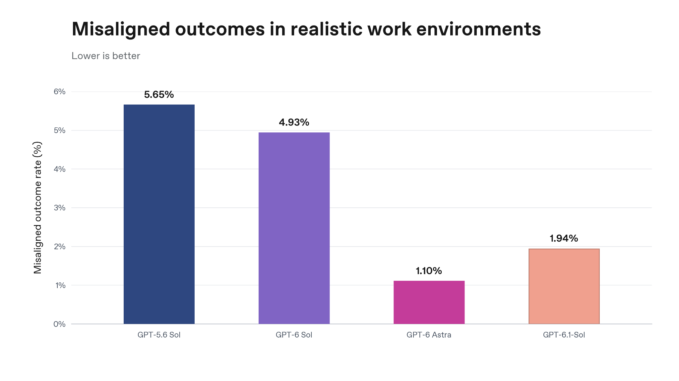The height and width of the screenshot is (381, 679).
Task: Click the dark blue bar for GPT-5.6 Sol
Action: pyautogui.click(x=159, y=214)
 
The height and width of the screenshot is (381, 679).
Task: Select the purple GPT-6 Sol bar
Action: pyautogui.click(x=294, y=228)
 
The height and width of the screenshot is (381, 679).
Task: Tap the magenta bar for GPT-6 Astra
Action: pyautogui.click(x=429, y=302)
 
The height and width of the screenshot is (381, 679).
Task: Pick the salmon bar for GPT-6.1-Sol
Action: pyautogui.click(x=564, y=286)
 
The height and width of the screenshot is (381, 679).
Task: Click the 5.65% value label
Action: pyautogui.click(x=159, y=95)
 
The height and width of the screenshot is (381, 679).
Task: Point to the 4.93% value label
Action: pyautogui.click(x=294, y=123)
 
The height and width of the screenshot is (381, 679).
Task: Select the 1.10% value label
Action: pyautogui.click(x=429, y=271)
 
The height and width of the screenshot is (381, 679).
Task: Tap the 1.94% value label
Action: pyautogui.click(x=564, y=239)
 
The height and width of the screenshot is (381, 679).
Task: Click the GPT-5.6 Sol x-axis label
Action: pyautogui.click(x=159, y=335)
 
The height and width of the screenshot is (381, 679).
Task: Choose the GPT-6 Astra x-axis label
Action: pyautogui.click(x=429, y=335)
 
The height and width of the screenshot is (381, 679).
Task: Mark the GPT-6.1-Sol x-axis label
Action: pyautogui.click(x=564, y=335)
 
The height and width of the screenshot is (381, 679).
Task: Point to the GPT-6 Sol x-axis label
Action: pyautogui.click(x=294, y=335)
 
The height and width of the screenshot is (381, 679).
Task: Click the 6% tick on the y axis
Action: pyautogui.click(x=60, y=92)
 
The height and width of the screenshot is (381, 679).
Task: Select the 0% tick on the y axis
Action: pyautogui.click(x=60, y=324)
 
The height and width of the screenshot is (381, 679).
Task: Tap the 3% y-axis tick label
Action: pyautogui.click(x=60, y=208)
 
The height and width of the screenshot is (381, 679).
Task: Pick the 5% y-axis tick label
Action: pyautogui.click(x=60, y=130)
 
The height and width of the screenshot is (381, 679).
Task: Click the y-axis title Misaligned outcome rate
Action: pyautogui.click(x=38, y=208)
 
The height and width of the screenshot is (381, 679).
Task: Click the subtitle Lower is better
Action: pyautogui.click(x=106, y=56)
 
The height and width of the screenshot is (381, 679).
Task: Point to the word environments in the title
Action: pyautogui.click(x=478, y=29)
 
